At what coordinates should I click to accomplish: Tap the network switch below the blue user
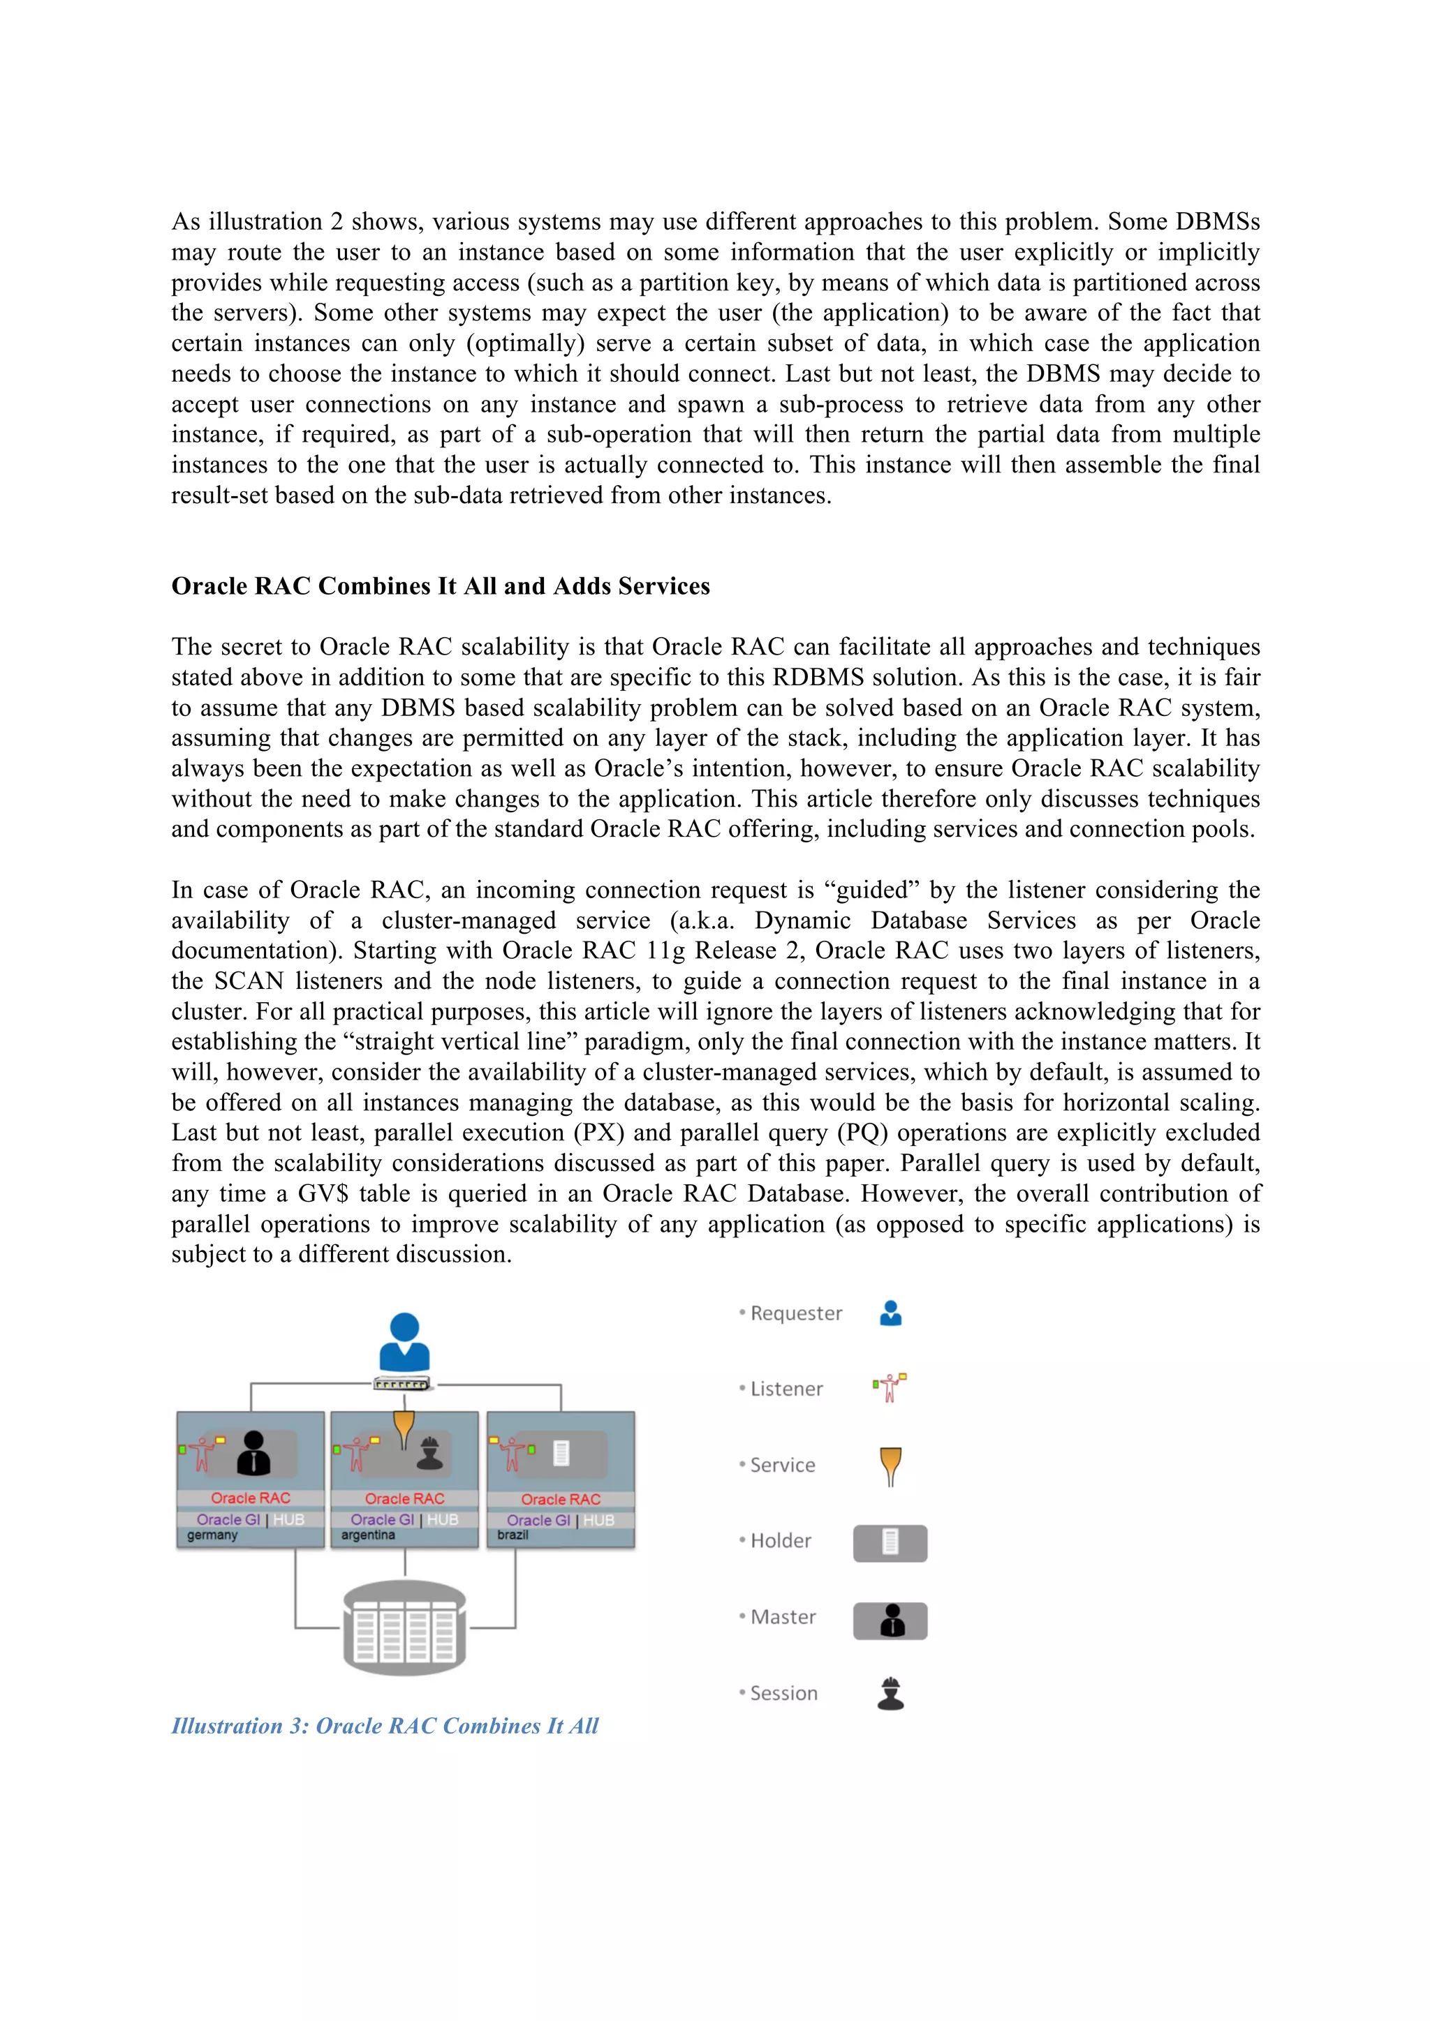[x=401, y=1385]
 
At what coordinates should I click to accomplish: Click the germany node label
[x=212, y=1535]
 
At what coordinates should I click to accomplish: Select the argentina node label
[x=368, y=1535]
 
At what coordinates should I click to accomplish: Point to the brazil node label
[x=513, y=1535]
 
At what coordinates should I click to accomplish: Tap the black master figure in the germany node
[x=253, y=1453]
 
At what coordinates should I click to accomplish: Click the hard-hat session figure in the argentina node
[x=429, y=1453]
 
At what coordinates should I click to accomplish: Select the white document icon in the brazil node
[x=561, y=1452]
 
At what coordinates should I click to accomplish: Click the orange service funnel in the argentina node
[x=404, y=1428]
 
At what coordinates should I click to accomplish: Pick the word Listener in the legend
[x=786, y=1389]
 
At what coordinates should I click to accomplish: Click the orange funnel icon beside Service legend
[x=891, y=1466]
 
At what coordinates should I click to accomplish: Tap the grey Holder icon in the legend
[x=890, y=1543]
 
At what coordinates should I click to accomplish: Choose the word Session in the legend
[x=783, y=1694]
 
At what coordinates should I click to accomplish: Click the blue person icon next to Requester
[x=891, y=1313]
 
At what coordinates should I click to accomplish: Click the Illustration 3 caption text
[x=385, y=1726]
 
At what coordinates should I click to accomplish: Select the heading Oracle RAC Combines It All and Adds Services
[x=441, y=586]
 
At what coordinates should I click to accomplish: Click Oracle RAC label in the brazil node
[x=560, y=1499]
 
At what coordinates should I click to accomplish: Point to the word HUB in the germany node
[x=289, y=1519]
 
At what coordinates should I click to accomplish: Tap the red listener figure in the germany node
[x=202, y=1452]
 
